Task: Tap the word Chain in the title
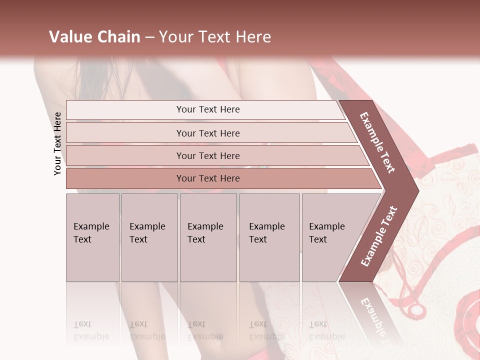(117, 37)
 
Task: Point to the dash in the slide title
(149, 37)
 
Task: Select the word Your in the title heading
(175, 37)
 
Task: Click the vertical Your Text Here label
(57, 143)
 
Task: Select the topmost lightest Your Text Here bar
(207, 109)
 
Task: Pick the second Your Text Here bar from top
(207, 133)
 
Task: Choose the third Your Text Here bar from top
(207, 155)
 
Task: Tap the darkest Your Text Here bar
(207, 178)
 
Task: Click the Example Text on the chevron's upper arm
(377, 142)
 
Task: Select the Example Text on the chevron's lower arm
(379, 236)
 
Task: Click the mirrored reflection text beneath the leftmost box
(91, 330)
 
